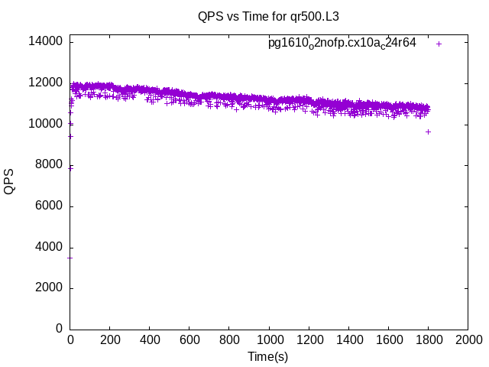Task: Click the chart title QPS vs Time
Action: (x=267, y=15)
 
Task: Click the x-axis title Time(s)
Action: (x=267, y=356)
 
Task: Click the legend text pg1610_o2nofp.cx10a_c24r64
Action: (x=342, y=43)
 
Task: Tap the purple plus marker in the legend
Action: (x=439, y=44)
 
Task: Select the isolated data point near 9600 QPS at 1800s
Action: (x=428, y=132)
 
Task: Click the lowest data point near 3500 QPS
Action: (x=70, y=258)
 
